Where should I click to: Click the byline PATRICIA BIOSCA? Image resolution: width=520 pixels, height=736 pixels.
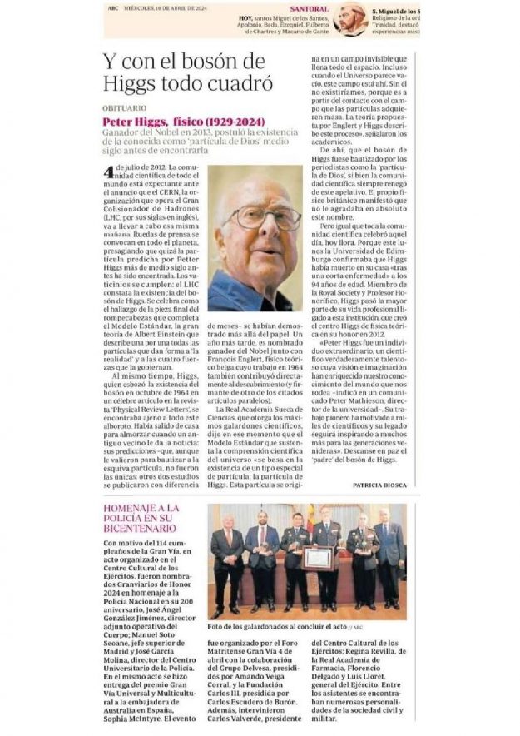pos(379,485)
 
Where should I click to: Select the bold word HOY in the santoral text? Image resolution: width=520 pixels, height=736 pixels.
pos(245,17)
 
